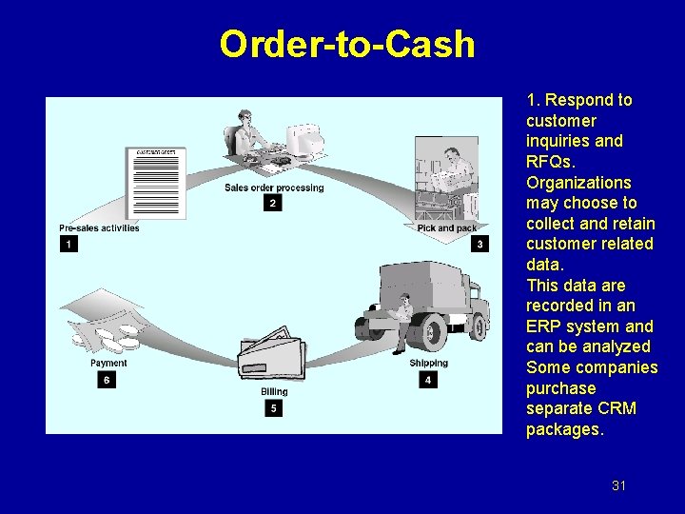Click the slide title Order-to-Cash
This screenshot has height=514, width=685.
pos(346,44)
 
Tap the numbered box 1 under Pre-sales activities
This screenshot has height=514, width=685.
pos(68,245)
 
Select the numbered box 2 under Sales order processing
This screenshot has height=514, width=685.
pos(273,203)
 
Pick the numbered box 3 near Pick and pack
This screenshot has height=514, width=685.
pos(479,245)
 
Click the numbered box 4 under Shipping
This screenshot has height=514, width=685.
pos(428,380)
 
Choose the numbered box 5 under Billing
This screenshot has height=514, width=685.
pos(274,408)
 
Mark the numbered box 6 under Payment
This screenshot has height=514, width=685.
pos(107,380)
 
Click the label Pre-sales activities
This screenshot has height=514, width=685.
pos(99,228)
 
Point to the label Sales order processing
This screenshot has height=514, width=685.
pos(274,188)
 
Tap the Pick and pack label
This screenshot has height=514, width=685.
pos(447,228)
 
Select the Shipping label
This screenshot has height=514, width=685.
pos(428,364)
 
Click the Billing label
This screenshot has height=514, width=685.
pos(274,392)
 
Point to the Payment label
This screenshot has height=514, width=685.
pos(108,364)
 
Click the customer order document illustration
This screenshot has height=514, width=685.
pos(157,181)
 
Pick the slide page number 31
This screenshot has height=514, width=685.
pos(618,485)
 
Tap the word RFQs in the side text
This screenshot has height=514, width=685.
pos(549,162)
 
